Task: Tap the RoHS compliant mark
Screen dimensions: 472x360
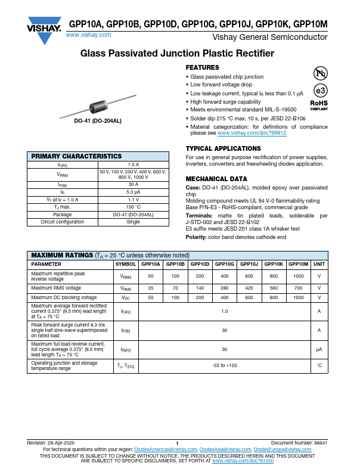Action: (x=319, y=105)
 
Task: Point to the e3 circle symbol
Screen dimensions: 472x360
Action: (x=320, y=91)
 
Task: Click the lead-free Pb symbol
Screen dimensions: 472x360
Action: (x=320, y=73)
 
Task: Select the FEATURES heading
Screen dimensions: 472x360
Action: (x=202, y=67)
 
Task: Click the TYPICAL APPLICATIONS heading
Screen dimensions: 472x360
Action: (x=223, y=148)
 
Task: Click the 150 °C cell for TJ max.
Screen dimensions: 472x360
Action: (x=133, y=206)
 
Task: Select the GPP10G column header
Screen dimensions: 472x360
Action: (x=224, y=263)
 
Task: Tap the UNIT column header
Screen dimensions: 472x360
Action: (x=319, y=263)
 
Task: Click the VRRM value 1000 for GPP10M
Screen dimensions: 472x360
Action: (x=298, y=277)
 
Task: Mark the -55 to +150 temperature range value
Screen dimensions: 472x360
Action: (x=224, y=365)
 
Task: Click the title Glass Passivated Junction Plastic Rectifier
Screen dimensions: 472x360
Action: (x=177, y=54)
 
